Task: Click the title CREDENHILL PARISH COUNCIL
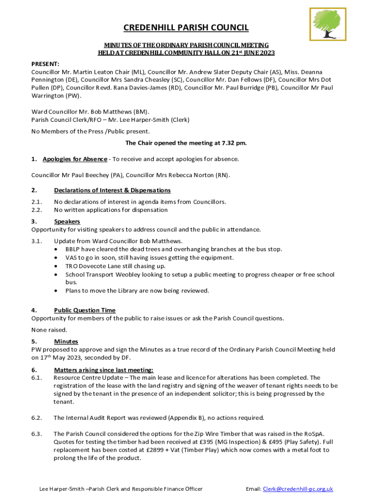click(186, 28)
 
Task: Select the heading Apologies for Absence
click(75, 159)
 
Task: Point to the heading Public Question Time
click(85, 310)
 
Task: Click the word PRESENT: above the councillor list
click(45, 64)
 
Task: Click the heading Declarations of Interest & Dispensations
click(112, 190)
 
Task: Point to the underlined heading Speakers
click(67, 222)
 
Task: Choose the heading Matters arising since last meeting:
click(103, 370)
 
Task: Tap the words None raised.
click(49, 330)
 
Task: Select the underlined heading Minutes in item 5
click(66, 342)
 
